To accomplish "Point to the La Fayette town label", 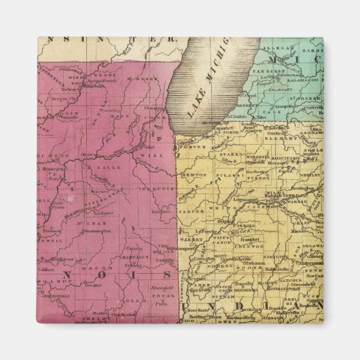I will pos(206,232).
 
